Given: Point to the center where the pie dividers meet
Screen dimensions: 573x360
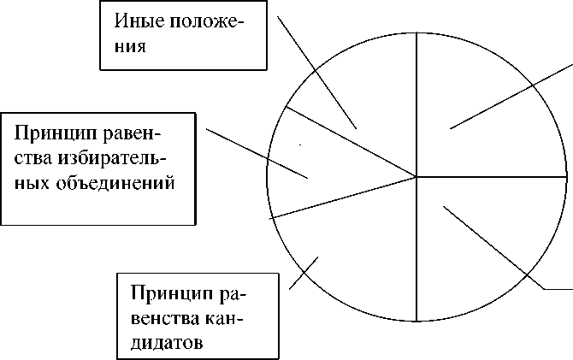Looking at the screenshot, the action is (416, 177).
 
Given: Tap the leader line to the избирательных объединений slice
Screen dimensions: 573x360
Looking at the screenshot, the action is (257, 154).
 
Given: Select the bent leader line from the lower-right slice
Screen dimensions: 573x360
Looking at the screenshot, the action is (496, 247).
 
